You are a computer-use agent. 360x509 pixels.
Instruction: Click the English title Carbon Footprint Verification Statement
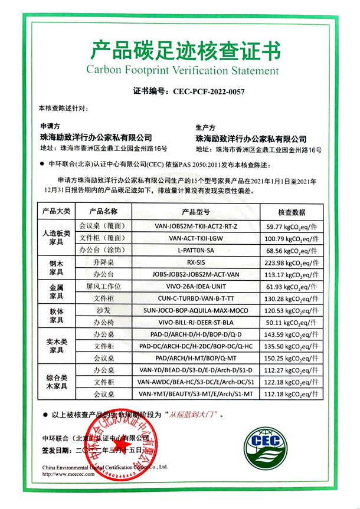pos(182,71)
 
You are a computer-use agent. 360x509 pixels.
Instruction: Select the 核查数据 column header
pos(290,211)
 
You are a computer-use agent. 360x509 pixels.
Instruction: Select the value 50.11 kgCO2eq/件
pos(291,322)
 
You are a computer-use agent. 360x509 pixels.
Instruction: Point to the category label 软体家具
pos(55,316)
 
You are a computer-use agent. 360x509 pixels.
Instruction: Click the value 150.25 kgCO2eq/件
pos(291,358)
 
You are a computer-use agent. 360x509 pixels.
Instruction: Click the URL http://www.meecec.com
pos(68,474)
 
